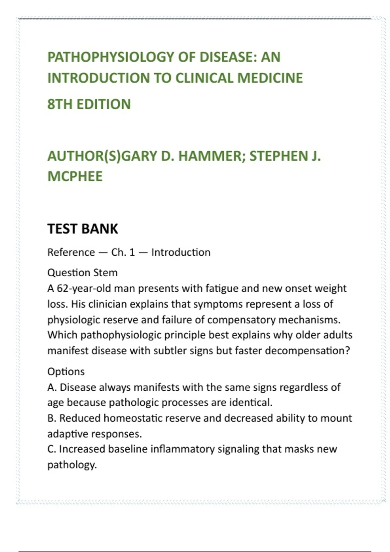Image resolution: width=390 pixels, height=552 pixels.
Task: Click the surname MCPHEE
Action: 75,176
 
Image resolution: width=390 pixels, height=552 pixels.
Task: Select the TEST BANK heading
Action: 83,229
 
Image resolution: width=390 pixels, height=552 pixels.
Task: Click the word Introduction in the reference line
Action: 181,252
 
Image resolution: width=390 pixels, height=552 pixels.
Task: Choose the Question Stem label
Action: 82,272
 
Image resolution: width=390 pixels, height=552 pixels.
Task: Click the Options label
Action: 66,371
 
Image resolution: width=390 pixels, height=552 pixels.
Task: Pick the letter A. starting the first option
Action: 52,387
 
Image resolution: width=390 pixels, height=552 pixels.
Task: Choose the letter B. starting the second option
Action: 52,418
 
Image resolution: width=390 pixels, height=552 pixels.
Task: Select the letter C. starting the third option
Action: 52,449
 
